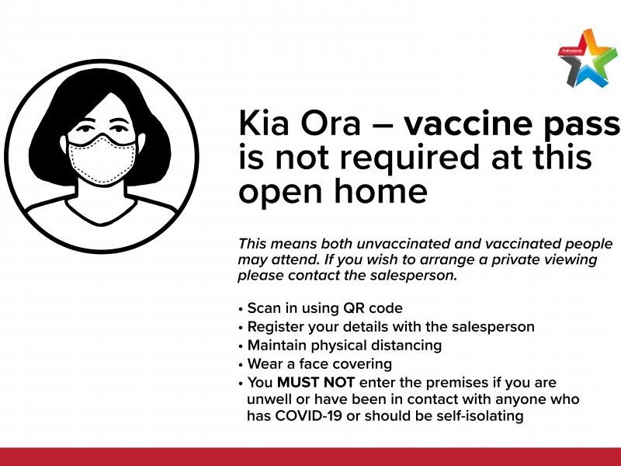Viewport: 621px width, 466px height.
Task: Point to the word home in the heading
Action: (x=381, y=190)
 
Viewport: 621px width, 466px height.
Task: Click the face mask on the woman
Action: (x=102, y=160)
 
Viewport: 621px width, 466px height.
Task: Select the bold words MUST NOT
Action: (x=316, y=382)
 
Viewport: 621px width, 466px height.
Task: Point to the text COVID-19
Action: (x=308, y=416)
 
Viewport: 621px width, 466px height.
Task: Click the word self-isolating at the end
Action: (x=480, y=416)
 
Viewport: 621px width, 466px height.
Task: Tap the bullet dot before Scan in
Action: (x=241, y=309)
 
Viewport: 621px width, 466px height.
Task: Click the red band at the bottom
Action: (x=310, y=457)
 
